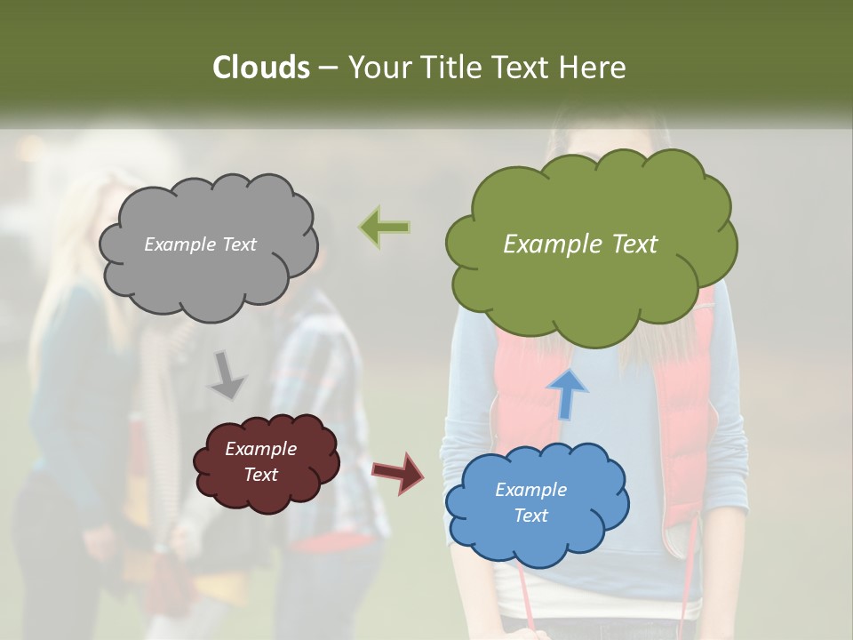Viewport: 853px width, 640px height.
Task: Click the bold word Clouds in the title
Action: (x=261, y=68)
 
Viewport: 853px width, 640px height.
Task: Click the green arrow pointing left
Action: (x=385, y=228)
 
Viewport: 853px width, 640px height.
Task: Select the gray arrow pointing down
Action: (x=227, y=375)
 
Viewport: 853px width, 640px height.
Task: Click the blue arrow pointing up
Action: (x=566, y=394)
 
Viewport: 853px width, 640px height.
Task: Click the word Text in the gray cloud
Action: (x=237, y=244)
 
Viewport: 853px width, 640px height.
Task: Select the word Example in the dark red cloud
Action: (x=260, y=449)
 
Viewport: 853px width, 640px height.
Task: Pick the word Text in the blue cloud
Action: (x=530, y=516)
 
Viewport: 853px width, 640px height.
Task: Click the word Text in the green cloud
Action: (x=634, y=244)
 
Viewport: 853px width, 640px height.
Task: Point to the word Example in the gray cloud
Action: (x=178, y=244)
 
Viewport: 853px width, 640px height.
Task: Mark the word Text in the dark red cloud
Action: (x=260, y=475)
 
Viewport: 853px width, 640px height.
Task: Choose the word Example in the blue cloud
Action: (x=530, y=490)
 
